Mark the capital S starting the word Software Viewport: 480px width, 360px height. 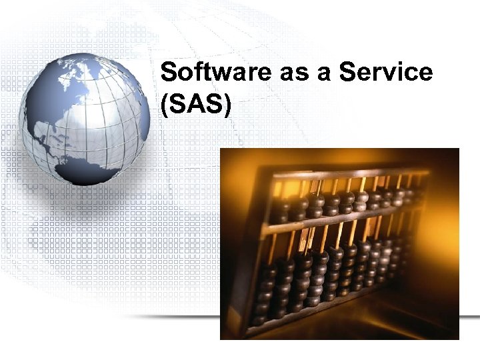point(169,72)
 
